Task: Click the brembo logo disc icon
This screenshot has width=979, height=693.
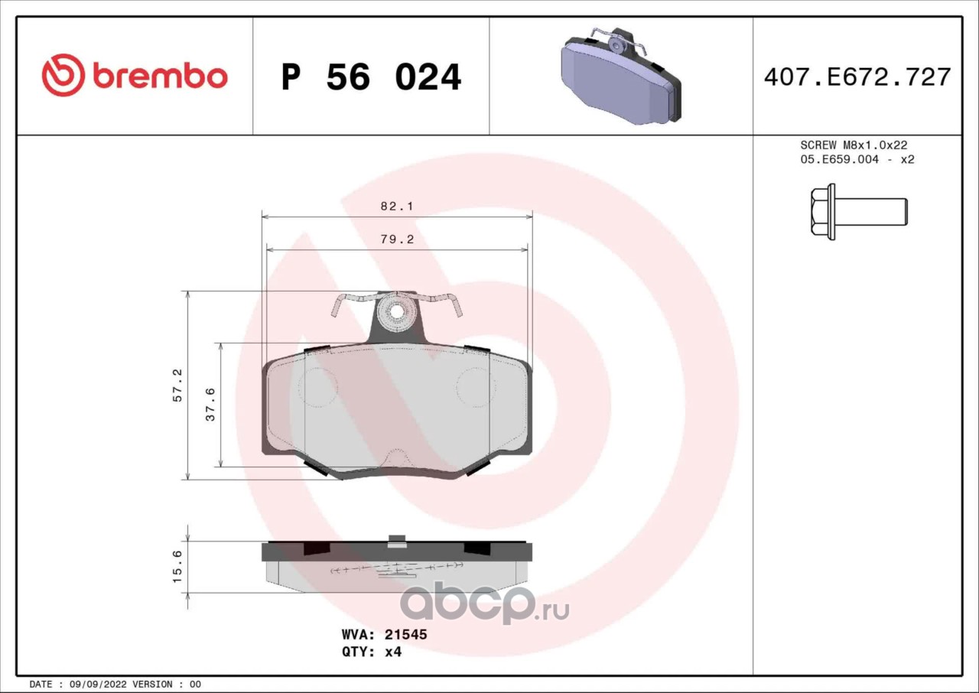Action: pos(63,76)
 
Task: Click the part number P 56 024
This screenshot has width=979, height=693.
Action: pos(371,77)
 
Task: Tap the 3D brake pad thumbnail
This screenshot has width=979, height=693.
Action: pos(620,75)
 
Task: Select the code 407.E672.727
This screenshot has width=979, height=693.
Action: pos(857,77)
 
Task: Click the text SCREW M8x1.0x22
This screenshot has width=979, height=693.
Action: pos(854,145)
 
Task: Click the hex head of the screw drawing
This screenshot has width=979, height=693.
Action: pos(819,211)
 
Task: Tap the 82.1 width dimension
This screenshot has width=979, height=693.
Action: pos(396,206)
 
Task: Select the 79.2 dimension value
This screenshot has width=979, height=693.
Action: pos(397,239)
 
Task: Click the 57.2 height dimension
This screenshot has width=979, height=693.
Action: pos(177,386)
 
